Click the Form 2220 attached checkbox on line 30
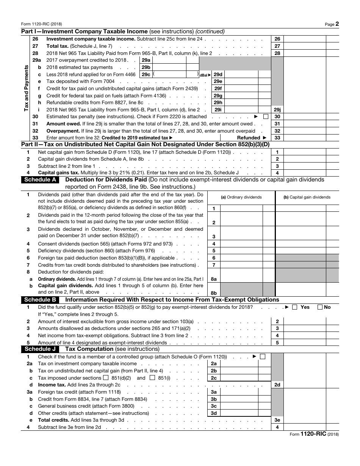click(266, 117)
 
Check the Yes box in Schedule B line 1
click(295, 307)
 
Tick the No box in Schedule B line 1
click(320, 307)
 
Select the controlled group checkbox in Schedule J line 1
click(263, 357)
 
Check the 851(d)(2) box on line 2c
click(106, 378)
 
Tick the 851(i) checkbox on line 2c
click(152, 378)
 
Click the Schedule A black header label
click(40, 180)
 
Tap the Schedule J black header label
click(40, 349)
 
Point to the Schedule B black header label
click(40, 300)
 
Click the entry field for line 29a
click(169, 60)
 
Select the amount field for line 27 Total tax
click(304, 46)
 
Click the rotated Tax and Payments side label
click(26, 88)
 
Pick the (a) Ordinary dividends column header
click(241, 197)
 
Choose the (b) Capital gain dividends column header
click(307, 197)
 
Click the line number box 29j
click(277, 109)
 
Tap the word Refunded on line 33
click(249, 138)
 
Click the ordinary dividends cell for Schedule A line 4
click(241, 244)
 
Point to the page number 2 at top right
click(337, 23)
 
